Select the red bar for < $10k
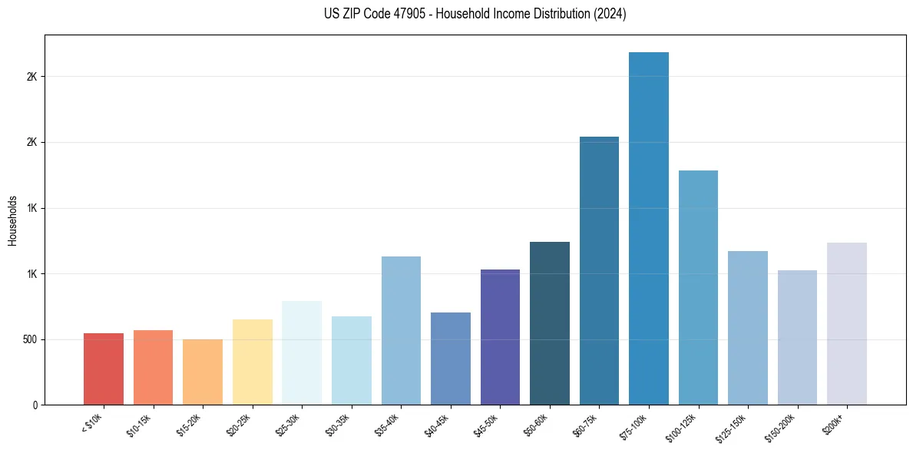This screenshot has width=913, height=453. (104, 369)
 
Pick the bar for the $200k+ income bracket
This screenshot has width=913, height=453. (847, 323)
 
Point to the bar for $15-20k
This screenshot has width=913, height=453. (203, 372)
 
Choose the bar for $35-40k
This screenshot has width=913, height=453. (401, 330)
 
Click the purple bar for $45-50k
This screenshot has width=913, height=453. (500, 337)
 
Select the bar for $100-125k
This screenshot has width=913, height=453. (698, 287)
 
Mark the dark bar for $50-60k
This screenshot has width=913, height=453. (550, 323)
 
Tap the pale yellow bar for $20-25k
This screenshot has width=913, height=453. (253, 362)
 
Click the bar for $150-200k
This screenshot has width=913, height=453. (797, 337)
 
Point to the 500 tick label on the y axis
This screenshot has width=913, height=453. (28, 339)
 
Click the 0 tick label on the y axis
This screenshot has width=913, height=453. (35, 405)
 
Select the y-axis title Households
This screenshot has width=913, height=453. (13, 220)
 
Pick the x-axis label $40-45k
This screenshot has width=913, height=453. (437, 425)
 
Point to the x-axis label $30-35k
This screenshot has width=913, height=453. (338, 425)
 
